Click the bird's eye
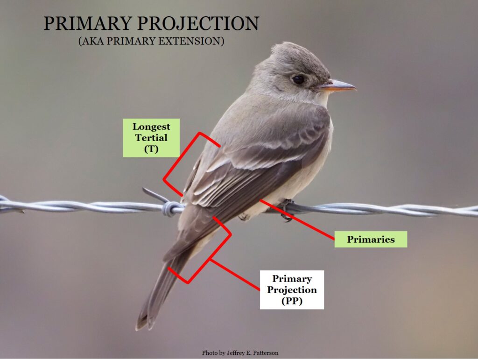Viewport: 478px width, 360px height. click(x=298, y=80)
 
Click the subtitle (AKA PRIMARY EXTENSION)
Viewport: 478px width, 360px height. click(x=151, y=41)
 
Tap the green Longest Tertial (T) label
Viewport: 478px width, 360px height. click(x=151, y=138)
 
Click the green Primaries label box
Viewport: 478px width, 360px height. click(x=371, y=239)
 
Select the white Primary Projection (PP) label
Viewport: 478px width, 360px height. click(x=292, y=289)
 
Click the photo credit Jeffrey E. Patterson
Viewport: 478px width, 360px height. click(x=240, y=353)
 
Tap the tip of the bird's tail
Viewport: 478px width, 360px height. click(x=143, y=326)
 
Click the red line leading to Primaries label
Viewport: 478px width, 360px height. click(x=297, y=219)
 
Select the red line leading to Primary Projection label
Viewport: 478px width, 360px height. click(x=235, y=275)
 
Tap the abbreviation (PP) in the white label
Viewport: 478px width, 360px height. click(x=292, y=301)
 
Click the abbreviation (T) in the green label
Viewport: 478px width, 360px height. click(x=151, y=149)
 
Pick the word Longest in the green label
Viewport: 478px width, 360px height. click(x=151, y=127)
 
